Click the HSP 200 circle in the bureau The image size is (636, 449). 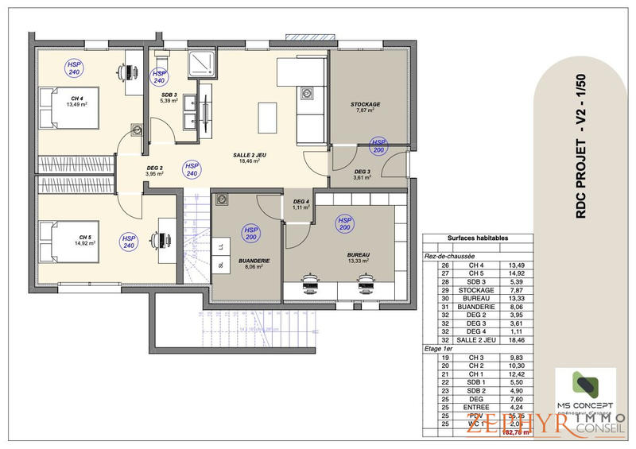(x=344, y=224)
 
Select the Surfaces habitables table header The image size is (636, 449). (x=477, y=238)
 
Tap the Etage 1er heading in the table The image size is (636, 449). (x=439, y=348)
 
